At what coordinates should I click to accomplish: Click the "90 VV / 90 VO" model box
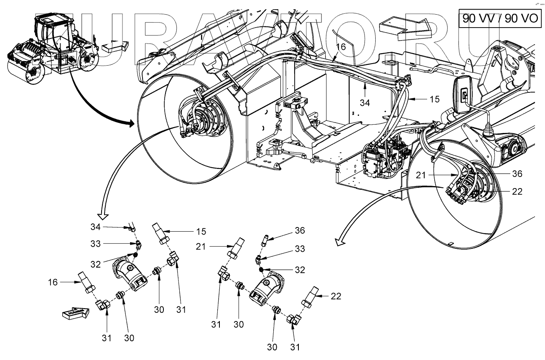[500, 19]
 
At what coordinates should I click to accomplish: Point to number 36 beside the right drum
[517, 174]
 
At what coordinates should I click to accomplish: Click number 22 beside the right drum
[517, 192]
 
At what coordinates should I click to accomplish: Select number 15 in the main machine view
[435, 100]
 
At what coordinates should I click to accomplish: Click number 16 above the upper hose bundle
[341, 47]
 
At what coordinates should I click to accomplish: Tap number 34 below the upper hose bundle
[365, 102]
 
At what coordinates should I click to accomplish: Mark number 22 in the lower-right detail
[336, 296]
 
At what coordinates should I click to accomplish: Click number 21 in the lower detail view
[201, 247]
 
